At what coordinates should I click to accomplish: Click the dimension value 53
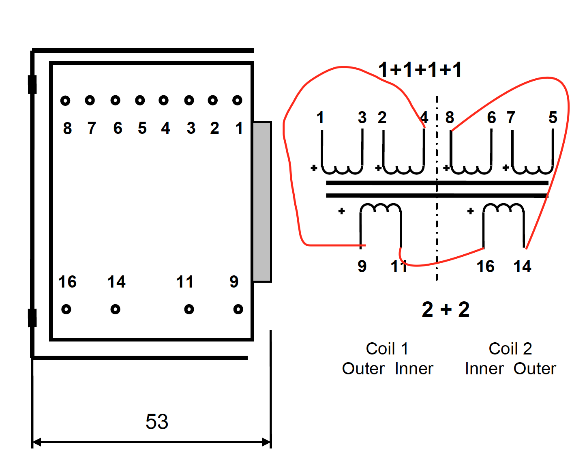click(x=157, y=422)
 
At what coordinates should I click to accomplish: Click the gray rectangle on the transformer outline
click(x=262, y=201)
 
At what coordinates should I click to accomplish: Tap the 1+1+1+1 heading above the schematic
click(x=420, y=70)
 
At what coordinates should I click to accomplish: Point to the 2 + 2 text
click(x=446, y=310)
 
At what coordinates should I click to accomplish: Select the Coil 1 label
click(x=387, y=349)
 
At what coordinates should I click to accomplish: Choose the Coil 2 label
click(x=510, y=349)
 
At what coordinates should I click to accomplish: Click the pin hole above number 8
click(x=65, y=101)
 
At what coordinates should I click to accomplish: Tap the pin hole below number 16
click(x=66, y=309)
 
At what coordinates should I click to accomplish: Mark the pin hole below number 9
click(x=238, y=309)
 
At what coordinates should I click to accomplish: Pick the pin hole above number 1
click(x=238, y=100)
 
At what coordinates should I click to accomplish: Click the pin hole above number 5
click(x=140, y=100)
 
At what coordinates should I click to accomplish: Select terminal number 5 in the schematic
click(x=553, y=118)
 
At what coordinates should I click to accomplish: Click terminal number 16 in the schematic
click(x=485, y=267)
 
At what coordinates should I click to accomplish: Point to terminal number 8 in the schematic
click(x=450, y=118)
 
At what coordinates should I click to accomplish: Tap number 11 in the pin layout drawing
click(x=185, y=282)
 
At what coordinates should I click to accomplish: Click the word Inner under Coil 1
click(x=414, y=369)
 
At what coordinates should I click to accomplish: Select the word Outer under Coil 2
click(x=535, y=369)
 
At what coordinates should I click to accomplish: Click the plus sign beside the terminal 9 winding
click(x=342, y=211)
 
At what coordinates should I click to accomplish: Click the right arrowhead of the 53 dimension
click(x=267, y=442)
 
